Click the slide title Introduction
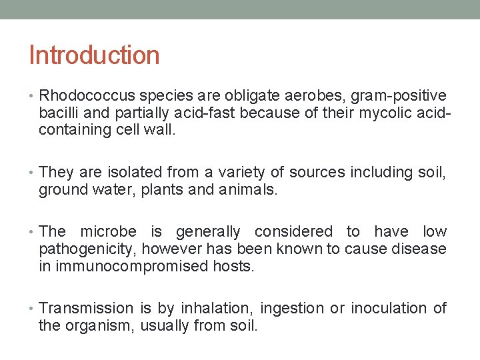94,55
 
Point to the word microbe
108,231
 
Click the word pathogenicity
87,249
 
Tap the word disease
421,249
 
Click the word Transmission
87,308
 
